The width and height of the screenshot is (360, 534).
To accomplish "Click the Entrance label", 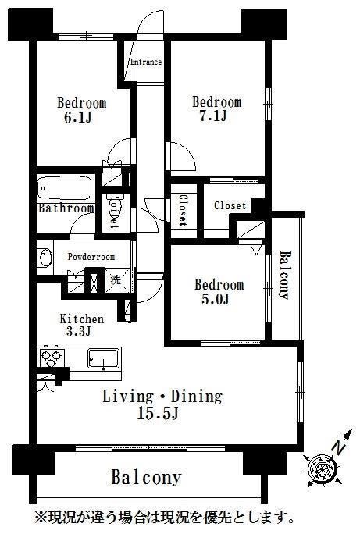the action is click(x=146, y=62).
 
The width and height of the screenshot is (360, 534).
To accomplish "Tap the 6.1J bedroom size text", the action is click(x=77, y=118).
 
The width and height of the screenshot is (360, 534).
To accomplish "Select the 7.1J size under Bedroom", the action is click(x=213, y=116).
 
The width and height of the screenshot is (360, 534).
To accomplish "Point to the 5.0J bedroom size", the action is click(x=216, y=299).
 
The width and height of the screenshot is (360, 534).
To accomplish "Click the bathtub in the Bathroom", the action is click(x=66, y=187).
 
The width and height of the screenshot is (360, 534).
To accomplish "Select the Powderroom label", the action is click(x=91, y=256).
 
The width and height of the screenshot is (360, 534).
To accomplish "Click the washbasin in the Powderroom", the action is click(x=45, y=258).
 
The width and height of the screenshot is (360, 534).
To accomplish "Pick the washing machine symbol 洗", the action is click(x=116, y=280).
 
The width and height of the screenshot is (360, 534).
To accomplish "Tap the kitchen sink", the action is click(x=104, y=358).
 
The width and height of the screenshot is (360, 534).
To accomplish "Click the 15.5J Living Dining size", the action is click(x=158, y=413).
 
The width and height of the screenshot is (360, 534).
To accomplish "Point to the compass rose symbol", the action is click(x=322, y=468).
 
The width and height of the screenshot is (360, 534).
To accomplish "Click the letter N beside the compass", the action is click(x=338, y=447).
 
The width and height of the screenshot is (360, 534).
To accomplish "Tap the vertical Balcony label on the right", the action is click(x=285, y=275).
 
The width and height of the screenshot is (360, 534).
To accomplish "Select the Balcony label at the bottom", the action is click(x=146, y=477).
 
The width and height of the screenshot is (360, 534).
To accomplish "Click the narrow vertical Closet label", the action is click(x=184, y=210).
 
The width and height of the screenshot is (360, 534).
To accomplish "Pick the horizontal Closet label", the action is click(x=230, y=205).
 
